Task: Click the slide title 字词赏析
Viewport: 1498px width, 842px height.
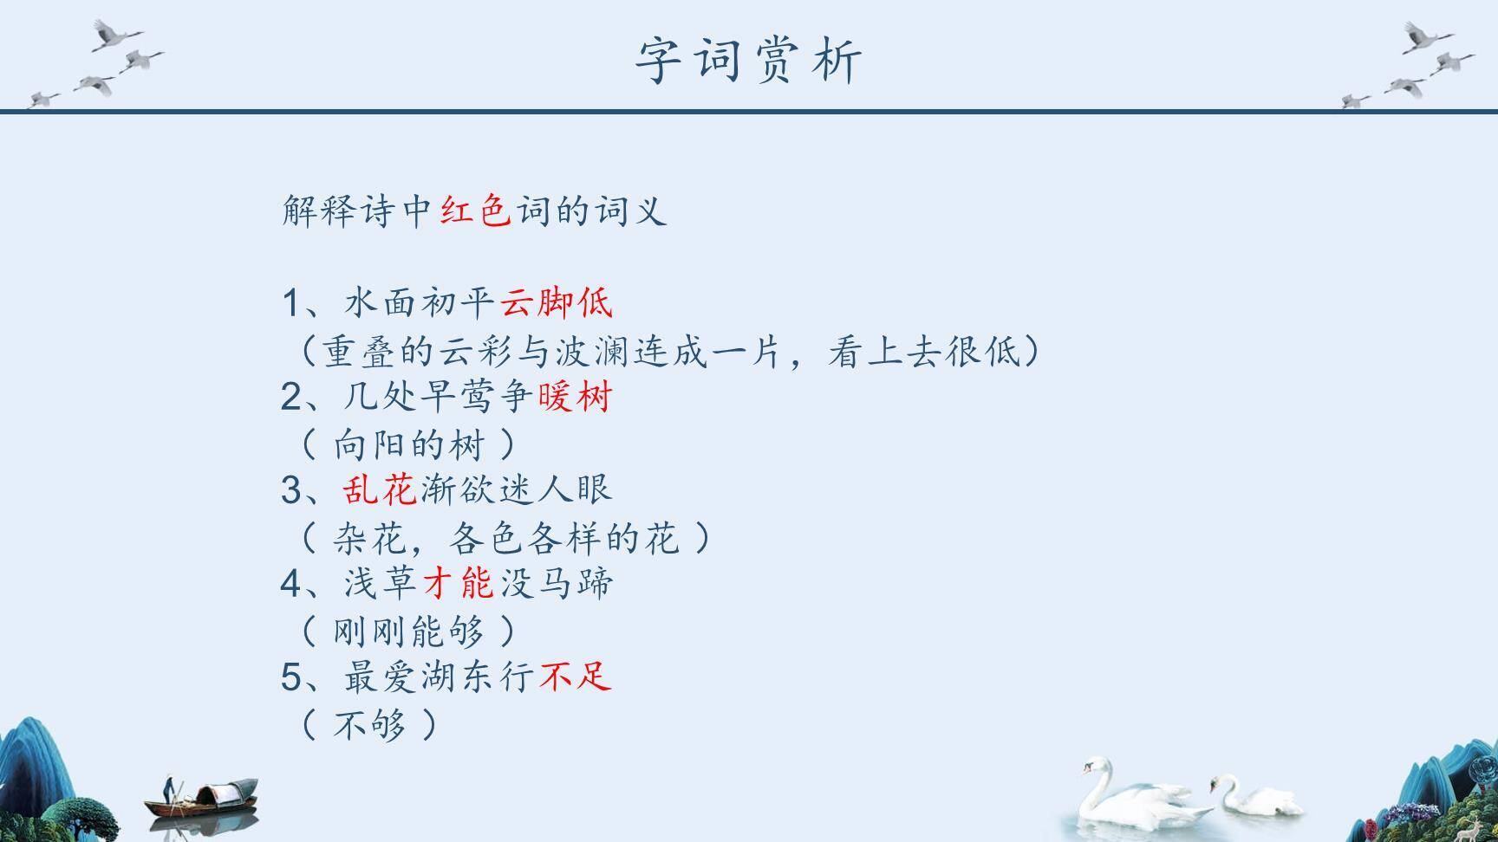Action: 749,61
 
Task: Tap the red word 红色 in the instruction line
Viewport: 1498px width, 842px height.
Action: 475,210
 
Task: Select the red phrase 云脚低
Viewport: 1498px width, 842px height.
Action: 557,303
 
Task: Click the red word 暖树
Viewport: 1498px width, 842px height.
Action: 576,397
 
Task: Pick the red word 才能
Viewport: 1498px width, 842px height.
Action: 459,583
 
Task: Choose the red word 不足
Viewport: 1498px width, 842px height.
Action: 576,677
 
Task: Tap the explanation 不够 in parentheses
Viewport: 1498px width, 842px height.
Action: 370,724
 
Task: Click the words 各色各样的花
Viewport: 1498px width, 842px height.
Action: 563,539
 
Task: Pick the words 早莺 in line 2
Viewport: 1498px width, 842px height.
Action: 458,397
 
